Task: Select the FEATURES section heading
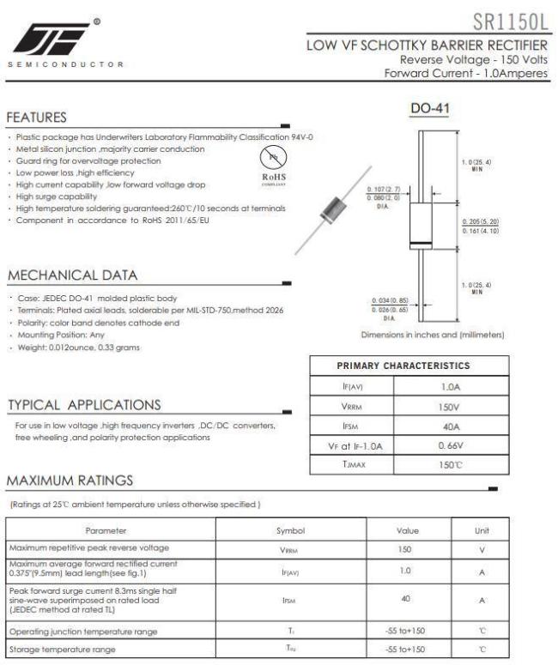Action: click(x=38, y=117)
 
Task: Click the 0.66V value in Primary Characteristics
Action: click(x=451, y=446)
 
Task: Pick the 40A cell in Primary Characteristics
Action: click(x=451, y=426)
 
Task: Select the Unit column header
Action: click(x=481, y=531)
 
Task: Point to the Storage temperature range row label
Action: click(x=63, y=650)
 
